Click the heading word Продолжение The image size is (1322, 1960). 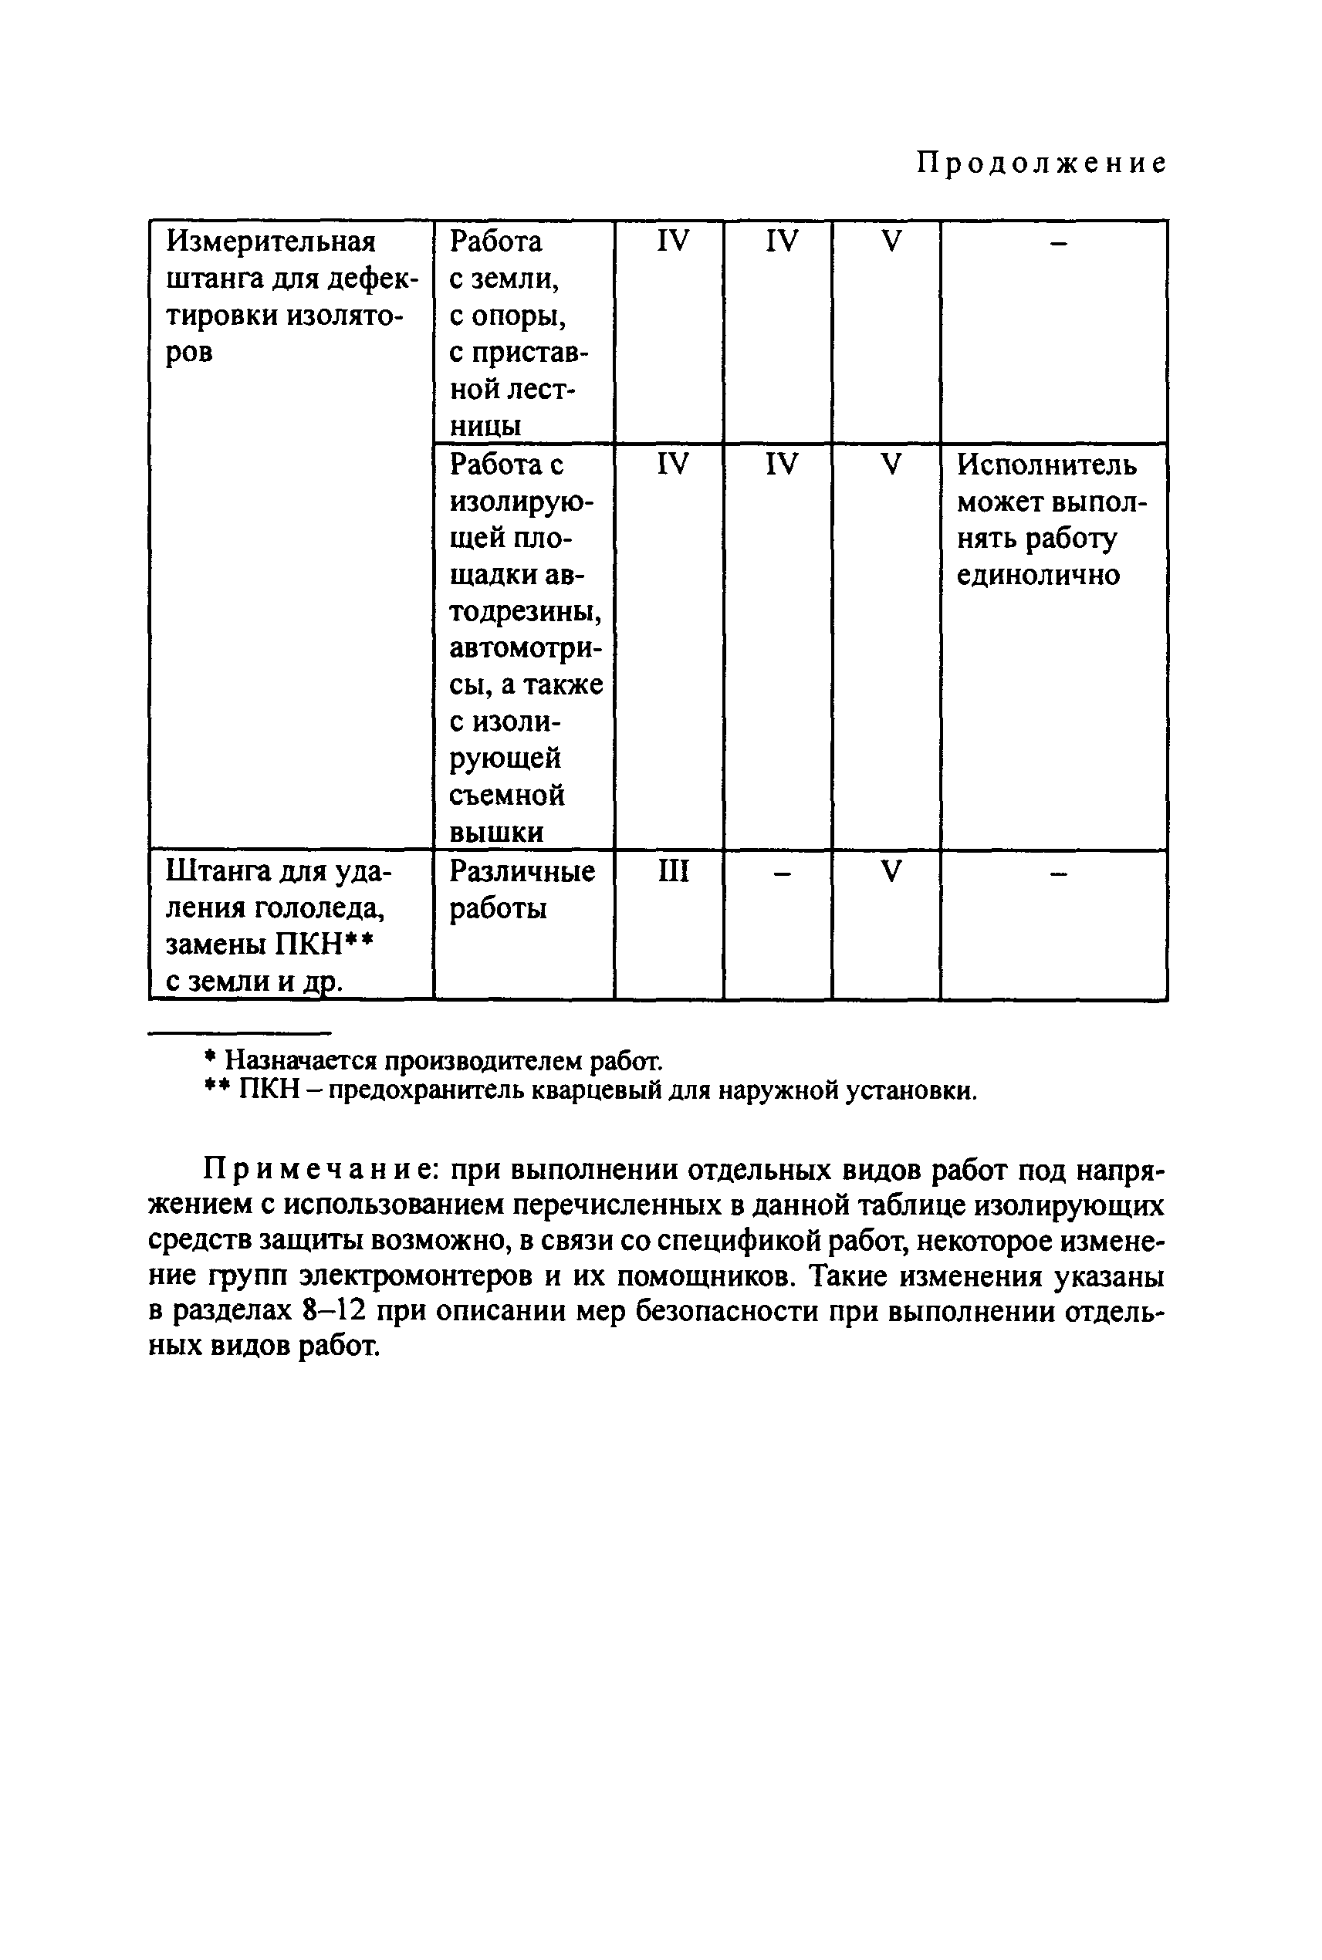click(1041, 163)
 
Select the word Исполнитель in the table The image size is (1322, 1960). click(1046, 465)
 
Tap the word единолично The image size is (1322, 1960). click(1038, 575)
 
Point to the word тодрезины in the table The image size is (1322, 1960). click(526, 611)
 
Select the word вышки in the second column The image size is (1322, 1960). click(485, 833)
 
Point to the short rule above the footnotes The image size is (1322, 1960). click(239, 1032)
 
